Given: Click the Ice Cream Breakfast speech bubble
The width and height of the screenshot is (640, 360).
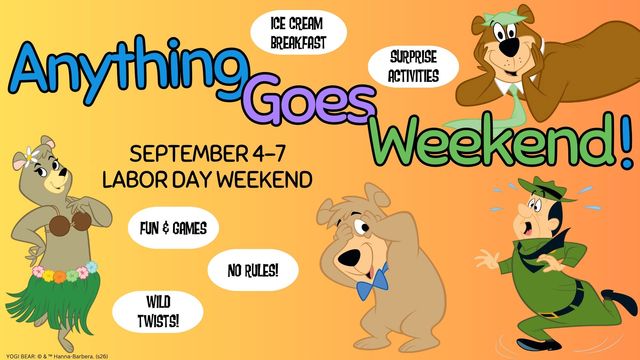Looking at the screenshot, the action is [298, 33].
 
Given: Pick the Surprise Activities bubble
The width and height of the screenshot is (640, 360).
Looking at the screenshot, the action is [413, 67].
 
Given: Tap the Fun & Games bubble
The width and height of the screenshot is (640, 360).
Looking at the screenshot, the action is [173, 228].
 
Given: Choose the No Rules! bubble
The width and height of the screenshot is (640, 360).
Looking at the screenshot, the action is [253, 270].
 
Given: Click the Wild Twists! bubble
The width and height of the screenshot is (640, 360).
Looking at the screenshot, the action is [158, 312].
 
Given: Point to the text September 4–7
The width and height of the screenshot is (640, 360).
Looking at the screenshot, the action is [207, 154].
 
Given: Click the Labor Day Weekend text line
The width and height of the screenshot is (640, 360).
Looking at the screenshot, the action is [207, 180].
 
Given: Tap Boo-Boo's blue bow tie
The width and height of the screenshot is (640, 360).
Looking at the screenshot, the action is [372, 282].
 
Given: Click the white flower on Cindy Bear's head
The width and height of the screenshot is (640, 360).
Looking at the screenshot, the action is [31, 157].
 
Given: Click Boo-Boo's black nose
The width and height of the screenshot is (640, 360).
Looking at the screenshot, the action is [349, 258].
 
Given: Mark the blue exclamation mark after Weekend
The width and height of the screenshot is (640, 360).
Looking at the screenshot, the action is [627, 141].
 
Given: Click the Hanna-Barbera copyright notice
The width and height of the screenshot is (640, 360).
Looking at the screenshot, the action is [57, 356].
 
